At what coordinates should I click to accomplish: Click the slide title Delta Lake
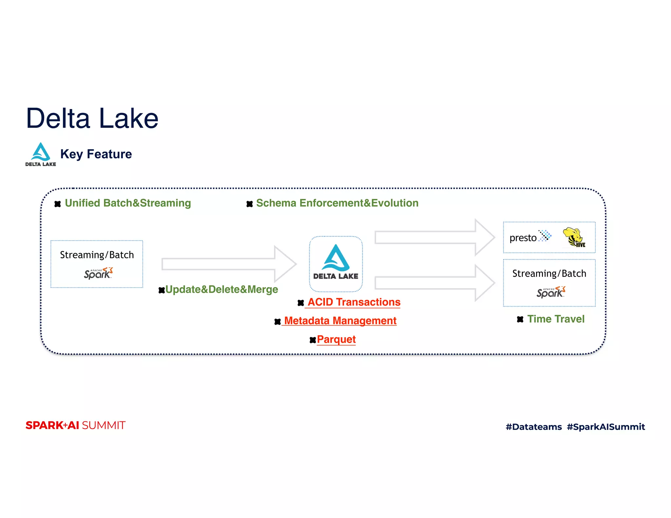pos(92,119)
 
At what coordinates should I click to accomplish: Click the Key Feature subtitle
pos(96,154)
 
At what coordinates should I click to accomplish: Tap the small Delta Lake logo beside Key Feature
pos(41,154)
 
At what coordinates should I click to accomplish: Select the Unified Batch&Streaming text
pos(128,203)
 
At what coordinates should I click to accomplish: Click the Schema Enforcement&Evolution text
pos(337,203)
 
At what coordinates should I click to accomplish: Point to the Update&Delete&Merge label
pos(221,289)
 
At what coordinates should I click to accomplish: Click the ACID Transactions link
pos(354,302)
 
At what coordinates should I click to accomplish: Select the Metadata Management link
pos(340,321)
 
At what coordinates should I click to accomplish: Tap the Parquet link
pos(336,339)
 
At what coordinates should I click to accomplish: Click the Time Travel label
pos(556,319)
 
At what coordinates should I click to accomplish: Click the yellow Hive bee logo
pos(574,237)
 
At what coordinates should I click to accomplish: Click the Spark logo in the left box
pos(98,273)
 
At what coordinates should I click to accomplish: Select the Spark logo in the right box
pos(550,292)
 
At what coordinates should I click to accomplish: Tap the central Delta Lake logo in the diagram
pos(336,263)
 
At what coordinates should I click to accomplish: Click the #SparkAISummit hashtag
pos(606,427)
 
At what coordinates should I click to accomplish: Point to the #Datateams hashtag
pos(533,427)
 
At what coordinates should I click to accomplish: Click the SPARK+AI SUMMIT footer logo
pos(75,425)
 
